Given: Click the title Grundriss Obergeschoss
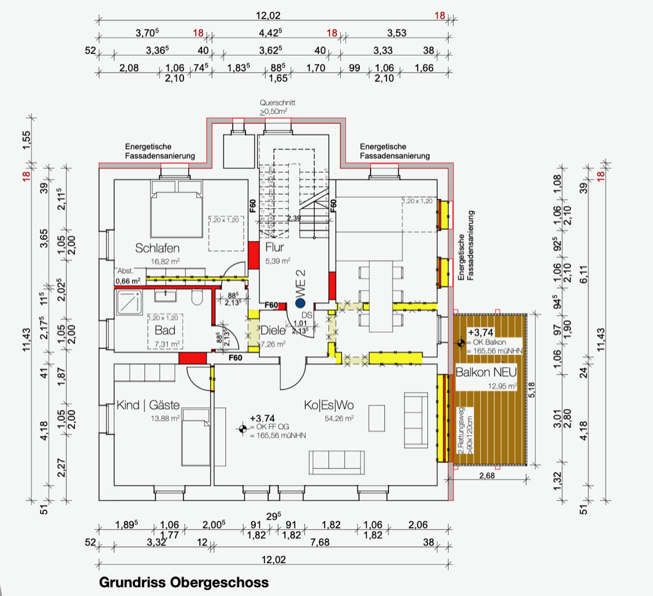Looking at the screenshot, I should click(184, 583).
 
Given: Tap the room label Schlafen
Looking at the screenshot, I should click(157, 248).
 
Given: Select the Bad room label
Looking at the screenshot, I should click(165, 330).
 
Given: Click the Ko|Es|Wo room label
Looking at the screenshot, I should click(328, 406).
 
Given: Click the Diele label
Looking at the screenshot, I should click(273, 331).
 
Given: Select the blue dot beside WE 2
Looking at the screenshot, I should click(300, 303).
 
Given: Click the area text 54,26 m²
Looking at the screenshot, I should click(340, 419).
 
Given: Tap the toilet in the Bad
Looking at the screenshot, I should click(196, 300).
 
